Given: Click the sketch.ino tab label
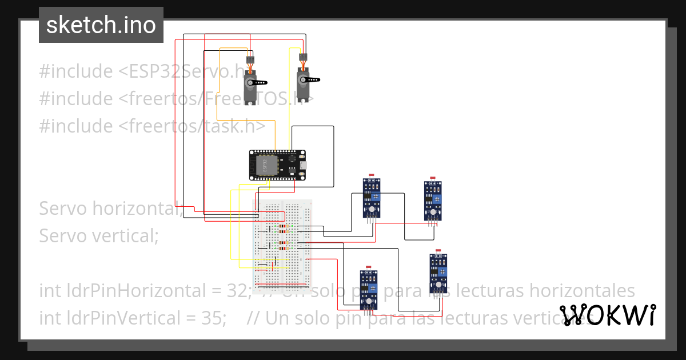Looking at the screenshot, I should [101, 25].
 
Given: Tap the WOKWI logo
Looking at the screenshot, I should [608, 315].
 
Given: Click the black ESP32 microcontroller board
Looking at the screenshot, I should [278, 165].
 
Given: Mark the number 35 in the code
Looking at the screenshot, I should [214, 318].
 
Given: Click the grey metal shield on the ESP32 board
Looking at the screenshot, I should [265, 165].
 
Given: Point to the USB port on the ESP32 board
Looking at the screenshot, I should [302, 165].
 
